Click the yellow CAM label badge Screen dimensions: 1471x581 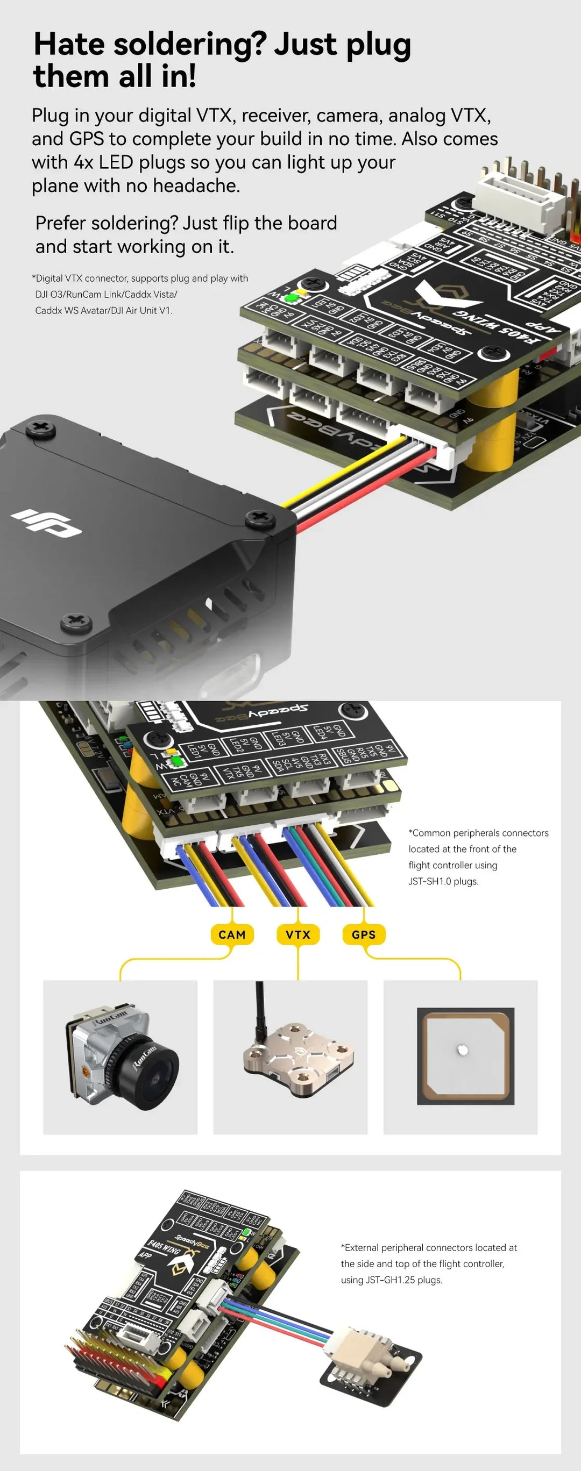click(232, 935)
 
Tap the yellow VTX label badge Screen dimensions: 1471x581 click(297, 935)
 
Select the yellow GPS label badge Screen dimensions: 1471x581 click(363, 935)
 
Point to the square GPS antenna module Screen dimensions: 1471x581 click(465, 1055)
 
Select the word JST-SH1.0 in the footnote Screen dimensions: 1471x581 click(430, 881)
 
